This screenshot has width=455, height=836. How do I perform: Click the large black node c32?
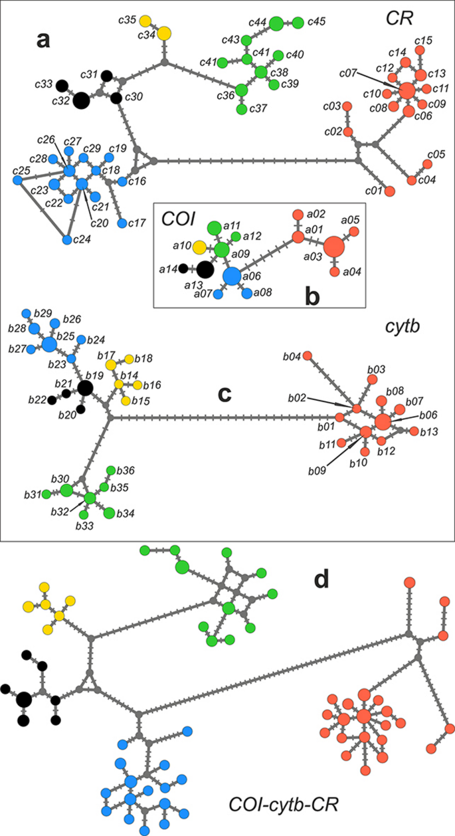tap(81, 100)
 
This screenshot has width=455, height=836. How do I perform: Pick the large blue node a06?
tap(232, 276)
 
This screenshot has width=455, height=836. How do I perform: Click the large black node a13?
tap(205, 269)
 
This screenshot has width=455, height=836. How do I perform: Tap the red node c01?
tap(391, 191)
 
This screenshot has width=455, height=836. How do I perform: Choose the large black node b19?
tap(84, 388)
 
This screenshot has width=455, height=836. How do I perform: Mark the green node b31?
tap(46, 494)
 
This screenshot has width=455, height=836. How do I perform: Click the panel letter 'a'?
tap(43, 41)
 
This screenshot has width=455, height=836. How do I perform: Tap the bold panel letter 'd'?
tap(321, 581)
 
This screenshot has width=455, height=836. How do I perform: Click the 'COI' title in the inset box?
tap(176, 219)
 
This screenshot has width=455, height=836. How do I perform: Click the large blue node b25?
tap(49, 344)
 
